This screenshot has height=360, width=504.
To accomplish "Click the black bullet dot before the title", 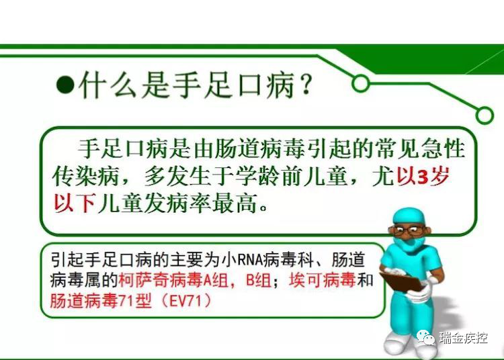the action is point(66,85).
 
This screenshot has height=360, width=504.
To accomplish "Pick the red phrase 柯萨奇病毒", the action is point(161,280).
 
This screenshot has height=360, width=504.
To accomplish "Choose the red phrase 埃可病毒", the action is point(323,279).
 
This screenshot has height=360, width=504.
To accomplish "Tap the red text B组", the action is point(258,280).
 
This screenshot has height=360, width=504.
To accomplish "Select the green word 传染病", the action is point(86,177).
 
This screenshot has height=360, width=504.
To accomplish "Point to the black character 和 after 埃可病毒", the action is point(365,279).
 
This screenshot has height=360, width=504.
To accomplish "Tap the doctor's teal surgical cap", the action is point(408,216).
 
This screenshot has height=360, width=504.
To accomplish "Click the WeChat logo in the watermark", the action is point(425,337).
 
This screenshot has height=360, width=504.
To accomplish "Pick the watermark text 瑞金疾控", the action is point(463,338).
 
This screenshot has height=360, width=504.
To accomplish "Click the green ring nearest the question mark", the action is point(360,83).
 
